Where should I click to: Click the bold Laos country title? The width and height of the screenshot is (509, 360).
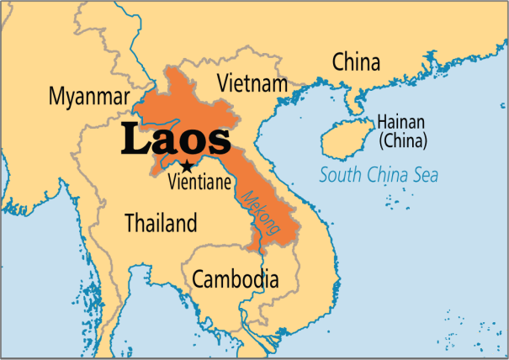point(174,140)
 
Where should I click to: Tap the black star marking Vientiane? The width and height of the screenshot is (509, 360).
point(187,167)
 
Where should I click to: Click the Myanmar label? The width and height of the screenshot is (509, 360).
point(89,96)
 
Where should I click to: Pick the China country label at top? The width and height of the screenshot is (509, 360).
point(356,61)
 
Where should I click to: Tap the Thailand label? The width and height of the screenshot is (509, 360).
point(161,224)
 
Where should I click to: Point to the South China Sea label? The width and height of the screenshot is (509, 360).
point(379,177)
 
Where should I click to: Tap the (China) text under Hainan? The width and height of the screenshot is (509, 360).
point(402,140)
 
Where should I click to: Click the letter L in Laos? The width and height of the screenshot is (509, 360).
point(134,140)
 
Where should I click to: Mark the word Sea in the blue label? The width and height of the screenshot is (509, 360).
point(426,177)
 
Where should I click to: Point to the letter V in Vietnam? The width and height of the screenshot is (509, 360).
point(223,83)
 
